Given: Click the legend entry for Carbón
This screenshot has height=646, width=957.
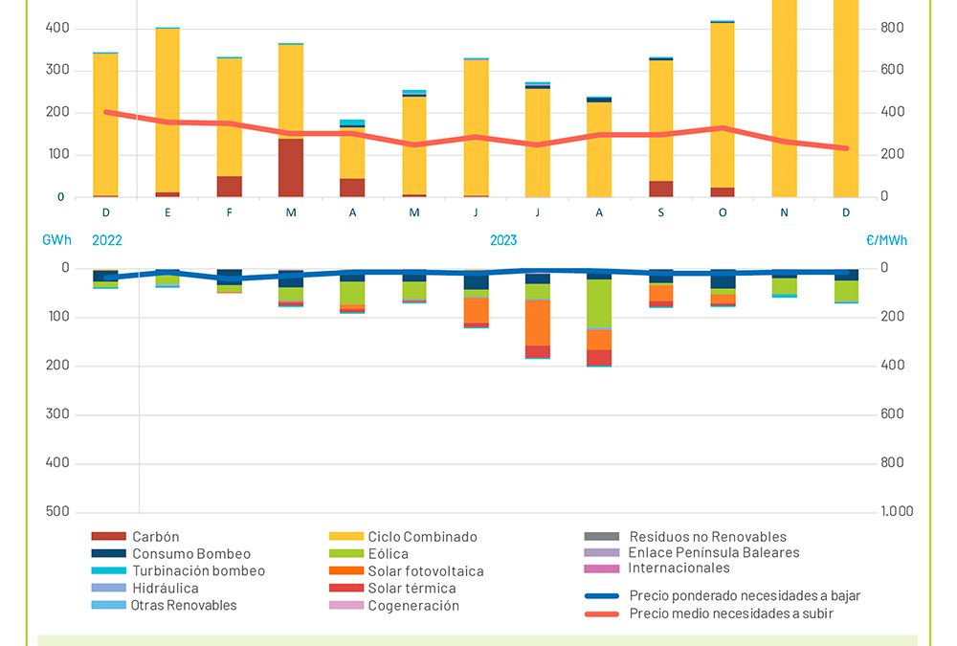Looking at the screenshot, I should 156,537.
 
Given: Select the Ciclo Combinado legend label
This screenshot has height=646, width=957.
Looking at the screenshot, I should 422,537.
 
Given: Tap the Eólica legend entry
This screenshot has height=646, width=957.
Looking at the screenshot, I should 388,554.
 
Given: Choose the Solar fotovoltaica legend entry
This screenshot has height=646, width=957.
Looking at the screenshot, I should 426,571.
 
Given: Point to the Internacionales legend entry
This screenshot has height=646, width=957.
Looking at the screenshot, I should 679,568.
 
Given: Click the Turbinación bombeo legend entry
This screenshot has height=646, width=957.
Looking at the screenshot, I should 198,571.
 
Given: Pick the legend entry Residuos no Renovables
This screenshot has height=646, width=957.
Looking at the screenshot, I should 707,537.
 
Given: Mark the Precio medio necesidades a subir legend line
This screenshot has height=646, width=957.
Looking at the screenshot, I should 731,613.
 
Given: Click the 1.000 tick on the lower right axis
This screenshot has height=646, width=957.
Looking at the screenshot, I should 897,511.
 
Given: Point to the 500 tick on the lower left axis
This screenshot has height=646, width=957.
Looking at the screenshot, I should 58,511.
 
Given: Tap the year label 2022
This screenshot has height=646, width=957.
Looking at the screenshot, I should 107,241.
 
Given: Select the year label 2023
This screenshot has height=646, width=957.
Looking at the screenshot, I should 503,241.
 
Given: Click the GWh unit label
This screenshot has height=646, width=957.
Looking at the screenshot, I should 56,241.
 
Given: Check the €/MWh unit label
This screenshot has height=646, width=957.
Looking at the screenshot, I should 886,241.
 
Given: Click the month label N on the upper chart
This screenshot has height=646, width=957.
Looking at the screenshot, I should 784,212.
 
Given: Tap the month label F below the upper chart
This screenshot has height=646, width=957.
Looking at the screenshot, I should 230,212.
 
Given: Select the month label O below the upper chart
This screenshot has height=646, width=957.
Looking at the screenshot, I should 723,212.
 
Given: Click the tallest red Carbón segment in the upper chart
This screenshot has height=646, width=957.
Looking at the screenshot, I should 291,167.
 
